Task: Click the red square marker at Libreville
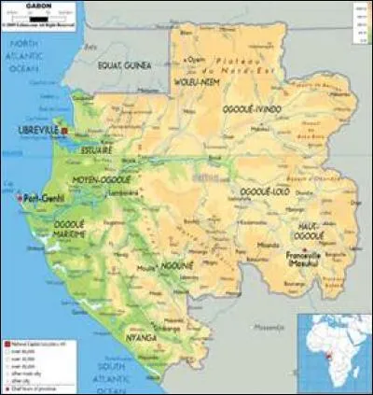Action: point(65,129)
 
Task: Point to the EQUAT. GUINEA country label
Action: point(124,64)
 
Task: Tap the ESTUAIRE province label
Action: point(96,149)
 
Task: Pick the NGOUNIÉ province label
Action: point(173,266)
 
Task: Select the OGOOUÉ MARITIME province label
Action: point(69,230)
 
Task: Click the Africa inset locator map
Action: point(333,351)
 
